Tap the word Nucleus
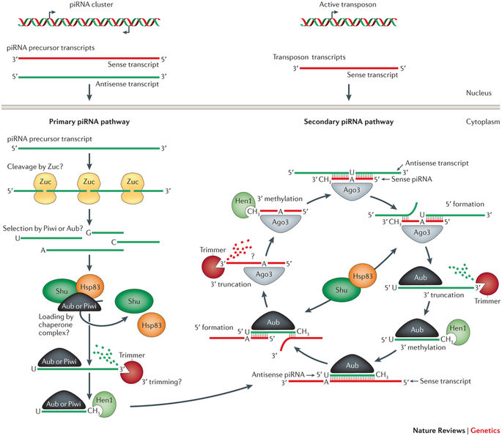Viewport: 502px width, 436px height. (x=481, y=94)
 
